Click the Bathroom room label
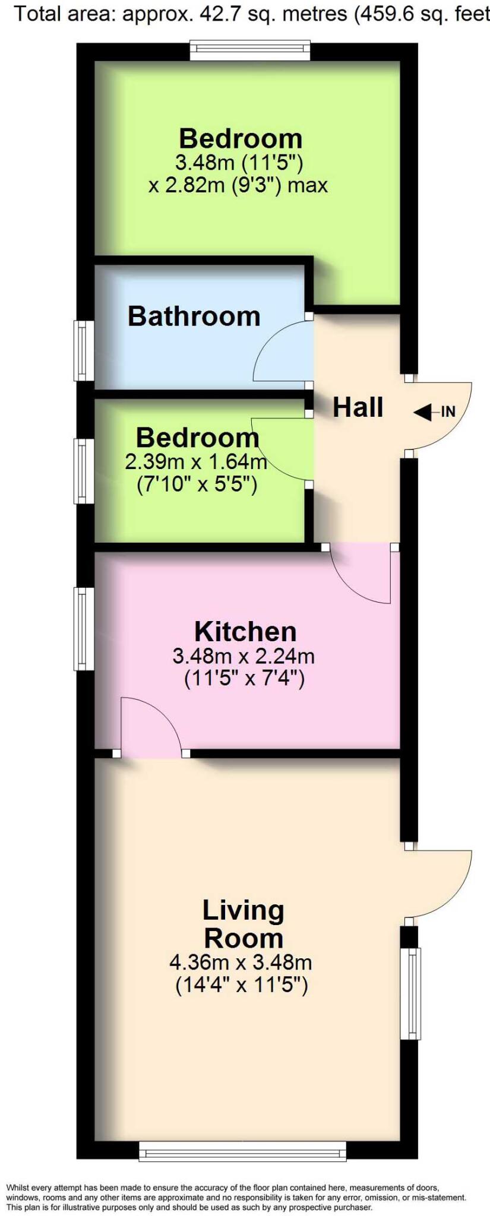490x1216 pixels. [x=194, y=316]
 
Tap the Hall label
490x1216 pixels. [x=358, y=407]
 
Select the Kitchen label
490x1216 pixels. [x=245, y=631]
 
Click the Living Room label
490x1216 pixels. [x=244, y=924]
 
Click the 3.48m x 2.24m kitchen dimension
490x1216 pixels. [x=244, y=656]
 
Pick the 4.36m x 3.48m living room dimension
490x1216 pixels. [x=241, y=961]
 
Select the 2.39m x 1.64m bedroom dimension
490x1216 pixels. [x=195, y=461]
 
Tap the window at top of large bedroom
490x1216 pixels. [x=250, y=50]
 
